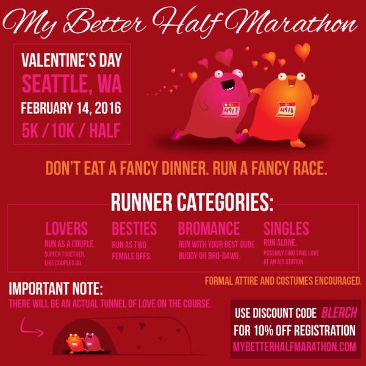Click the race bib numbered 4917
[230, 109]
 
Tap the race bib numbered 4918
[285, 109]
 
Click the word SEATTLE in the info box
[55, 85]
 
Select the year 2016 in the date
[108, 108]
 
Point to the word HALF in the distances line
[104, 131]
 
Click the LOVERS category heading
[66, 228]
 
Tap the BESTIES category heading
[134, 228]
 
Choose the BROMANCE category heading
[209, 228]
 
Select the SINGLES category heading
[287, 228]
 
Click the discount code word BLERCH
[339, 312]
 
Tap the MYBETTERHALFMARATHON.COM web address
[295, 347]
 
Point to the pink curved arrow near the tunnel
[31, 327]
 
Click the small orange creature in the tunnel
[74, 343]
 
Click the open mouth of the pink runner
[228, 85]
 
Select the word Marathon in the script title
[290, 22]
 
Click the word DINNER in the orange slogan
[185, 168]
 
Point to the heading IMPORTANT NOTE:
[56, 289]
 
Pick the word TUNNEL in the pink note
[113, 304]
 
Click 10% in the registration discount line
[264, 330]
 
